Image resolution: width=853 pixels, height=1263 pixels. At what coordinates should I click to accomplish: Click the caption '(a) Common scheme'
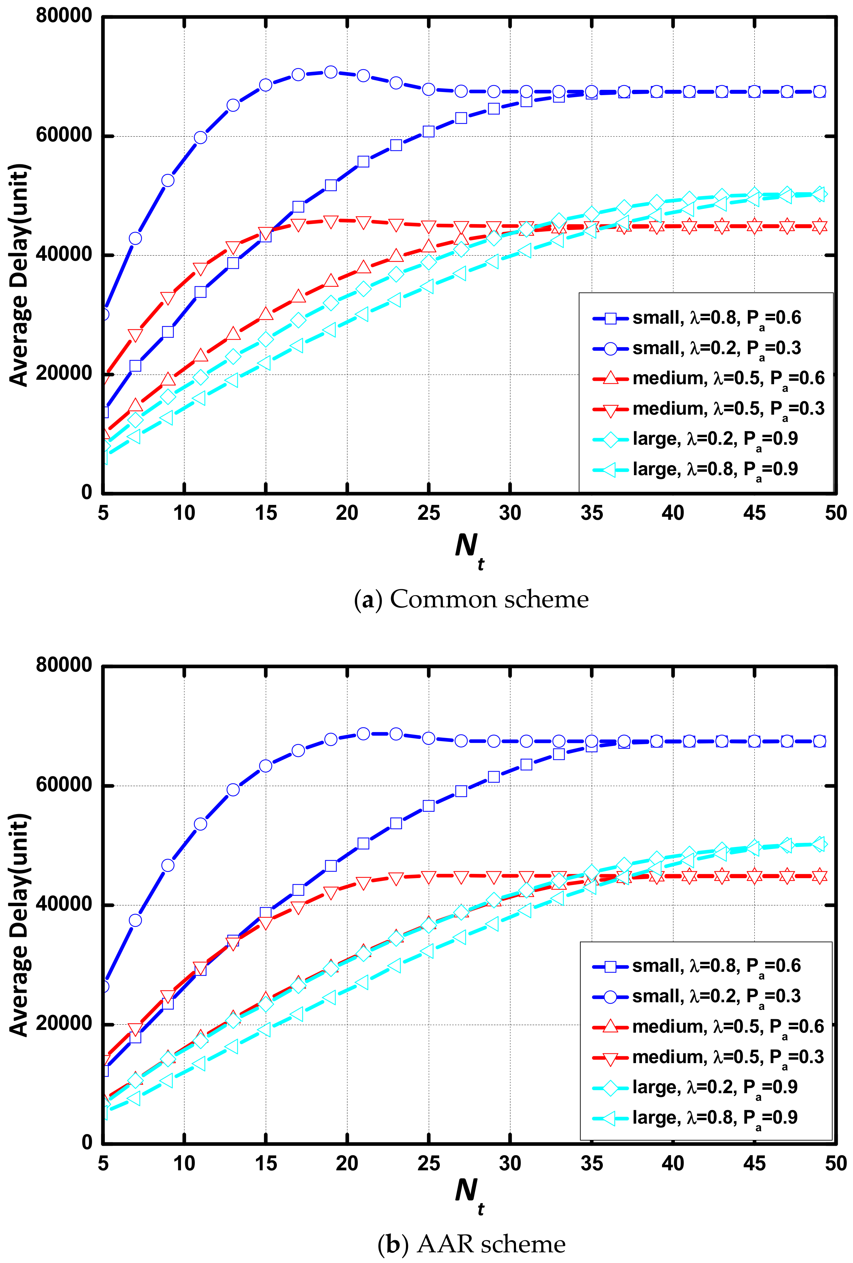pyautogui.click(x=471, y=599)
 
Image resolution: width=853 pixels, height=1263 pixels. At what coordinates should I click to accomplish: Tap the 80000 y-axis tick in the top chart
pyautogui.click(x=64, y=16)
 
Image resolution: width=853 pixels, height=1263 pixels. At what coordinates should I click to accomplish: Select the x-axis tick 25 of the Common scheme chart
pyautogui.click(x=428, y=513)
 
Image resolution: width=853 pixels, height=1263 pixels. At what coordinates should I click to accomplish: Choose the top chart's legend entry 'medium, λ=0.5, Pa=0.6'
pyautogui.click(x=728, y=378)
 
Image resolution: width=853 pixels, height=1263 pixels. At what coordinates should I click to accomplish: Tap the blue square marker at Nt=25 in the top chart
pyautogui.click(x=428, y=131)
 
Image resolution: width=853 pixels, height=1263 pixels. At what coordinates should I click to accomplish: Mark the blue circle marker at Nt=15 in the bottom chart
pyautogui.click(x=265, y=766)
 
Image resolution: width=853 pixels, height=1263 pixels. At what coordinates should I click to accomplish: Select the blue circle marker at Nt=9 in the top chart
pyautogui.click(x=168, y=180)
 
